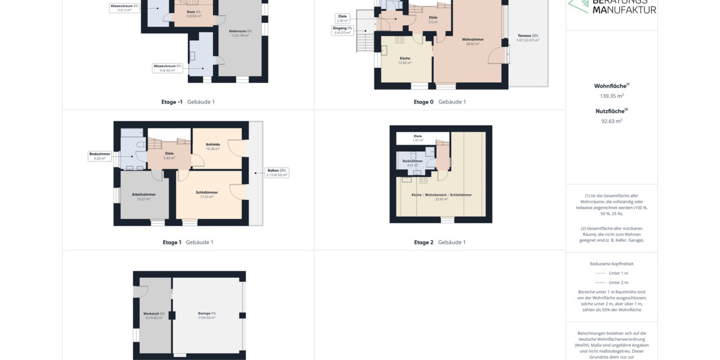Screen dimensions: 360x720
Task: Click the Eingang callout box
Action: (x=343, y=31)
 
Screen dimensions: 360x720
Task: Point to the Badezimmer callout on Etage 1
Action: (x=99, y=157)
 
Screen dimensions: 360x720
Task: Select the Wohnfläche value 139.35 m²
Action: (x=611, y=96)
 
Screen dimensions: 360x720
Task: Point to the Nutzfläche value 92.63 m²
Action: (x=611, y=121)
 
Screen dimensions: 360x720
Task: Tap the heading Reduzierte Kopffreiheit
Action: (x=611, y=263)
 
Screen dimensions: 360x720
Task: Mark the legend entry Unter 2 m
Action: (x=618, y=282)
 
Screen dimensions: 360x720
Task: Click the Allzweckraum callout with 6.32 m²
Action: (x=167, y=68)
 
